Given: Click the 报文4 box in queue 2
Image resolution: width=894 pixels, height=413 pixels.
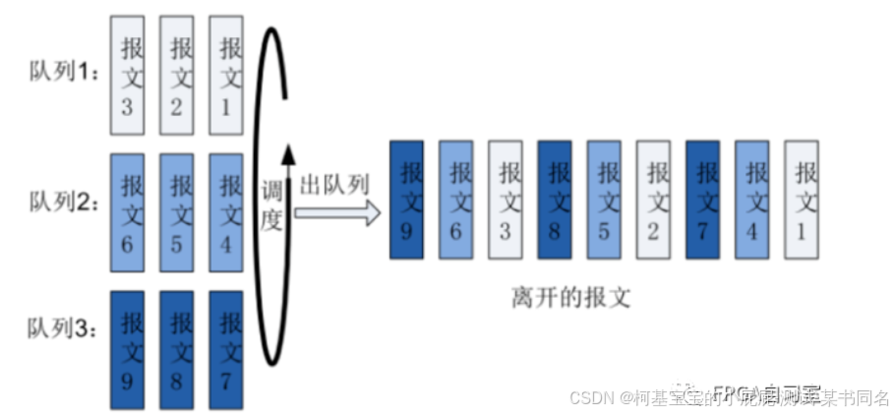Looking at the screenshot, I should coord(227,210).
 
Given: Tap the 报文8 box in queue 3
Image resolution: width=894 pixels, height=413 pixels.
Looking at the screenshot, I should coord(178,348).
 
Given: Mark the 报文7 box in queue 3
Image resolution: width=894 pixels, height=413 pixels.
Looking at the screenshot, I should coord(227,348).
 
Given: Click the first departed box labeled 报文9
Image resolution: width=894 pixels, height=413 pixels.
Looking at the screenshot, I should coord(406,200).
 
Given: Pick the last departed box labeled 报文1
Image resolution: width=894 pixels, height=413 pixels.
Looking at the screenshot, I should coord(801,200).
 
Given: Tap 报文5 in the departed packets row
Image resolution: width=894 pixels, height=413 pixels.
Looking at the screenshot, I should coord(603,200).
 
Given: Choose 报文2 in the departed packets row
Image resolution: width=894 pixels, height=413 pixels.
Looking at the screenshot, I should coord(653,200).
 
